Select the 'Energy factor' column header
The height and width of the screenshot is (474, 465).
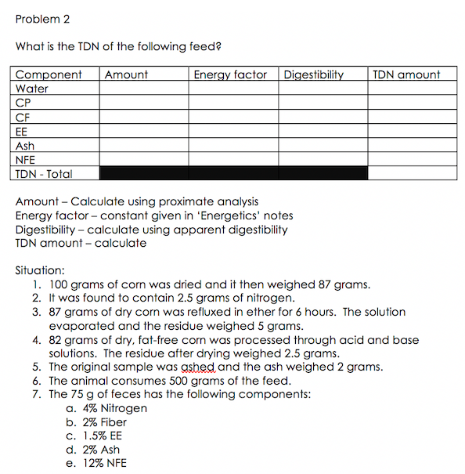(x=229, y=75)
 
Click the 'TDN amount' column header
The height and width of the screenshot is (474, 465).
(x=406, y=75)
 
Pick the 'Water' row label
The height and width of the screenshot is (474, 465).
(x=32, y=89)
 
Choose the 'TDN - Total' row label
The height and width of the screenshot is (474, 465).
(x=44, y=174)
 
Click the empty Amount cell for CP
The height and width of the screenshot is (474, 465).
(x=145, y=103)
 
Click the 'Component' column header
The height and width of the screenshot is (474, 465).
(x=49, y=75)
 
